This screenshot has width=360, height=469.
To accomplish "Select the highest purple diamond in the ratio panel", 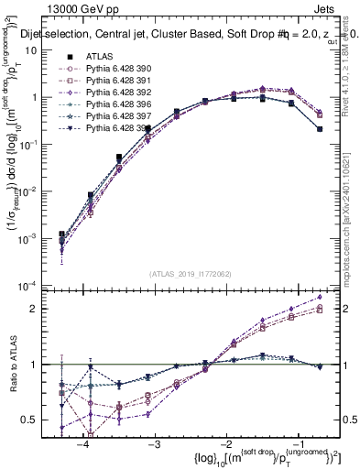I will click(320, 297).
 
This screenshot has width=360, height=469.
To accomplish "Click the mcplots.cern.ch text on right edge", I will click(354, 238).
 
